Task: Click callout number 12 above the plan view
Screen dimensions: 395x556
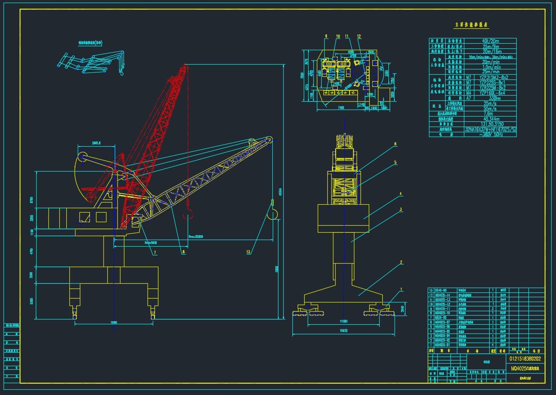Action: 359,36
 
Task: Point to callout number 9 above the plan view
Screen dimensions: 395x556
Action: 326,36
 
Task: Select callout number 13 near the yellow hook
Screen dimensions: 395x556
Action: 248,252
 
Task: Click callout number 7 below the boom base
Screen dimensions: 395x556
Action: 154,252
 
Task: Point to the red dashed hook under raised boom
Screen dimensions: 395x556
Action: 188,214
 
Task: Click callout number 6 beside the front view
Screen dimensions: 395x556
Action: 395,144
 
